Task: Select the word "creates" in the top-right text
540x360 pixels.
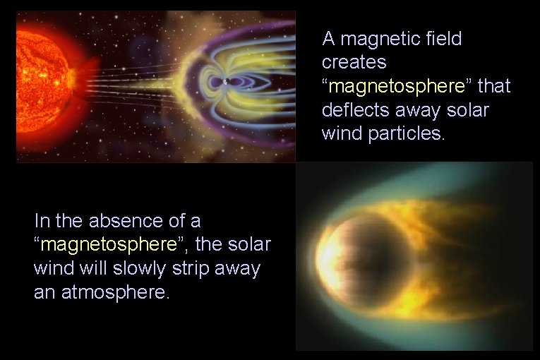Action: (x=354, y=63)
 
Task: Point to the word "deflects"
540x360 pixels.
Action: (x=349, y=111)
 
